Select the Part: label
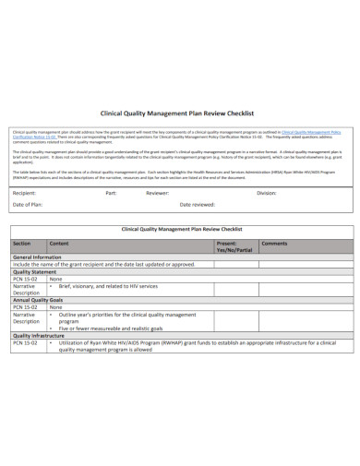coord(111,193)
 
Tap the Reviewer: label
coord(158,193)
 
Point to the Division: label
coord(267,193)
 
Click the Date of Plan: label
coord(29,204)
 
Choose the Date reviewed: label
coord(198,204)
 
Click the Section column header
coord(22,243)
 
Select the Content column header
coord(59,243)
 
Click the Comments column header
coord(274,243)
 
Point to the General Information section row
coord(37,257)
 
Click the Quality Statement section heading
coord(35,272)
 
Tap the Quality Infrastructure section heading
coord(38,335)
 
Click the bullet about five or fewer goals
coord(111,328)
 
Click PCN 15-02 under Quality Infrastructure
coord(24,342)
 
